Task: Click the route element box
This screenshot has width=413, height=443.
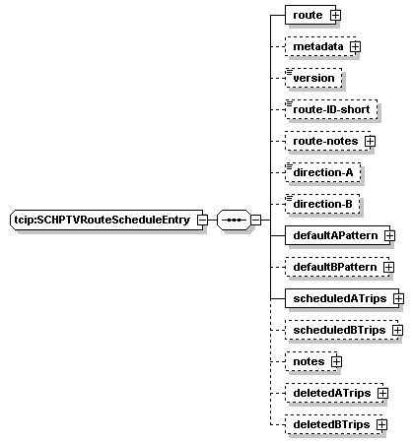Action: tap(310, 15)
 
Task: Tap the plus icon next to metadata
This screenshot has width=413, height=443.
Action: tap(355, 46)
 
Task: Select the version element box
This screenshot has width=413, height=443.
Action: tap(313, 78)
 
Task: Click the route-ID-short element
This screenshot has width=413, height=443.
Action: tap(331, 109)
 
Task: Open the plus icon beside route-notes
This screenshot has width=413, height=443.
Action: tap(370, 141)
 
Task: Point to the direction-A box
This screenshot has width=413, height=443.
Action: tap(322, 172)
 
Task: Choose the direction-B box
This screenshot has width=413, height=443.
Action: tap(322, 204)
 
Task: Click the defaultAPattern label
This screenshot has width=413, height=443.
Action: tap(335, 235)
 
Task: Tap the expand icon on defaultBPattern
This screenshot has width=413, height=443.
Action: tap(388, 267)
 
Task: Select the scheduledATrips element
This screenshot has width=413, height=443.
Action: tap(342, 298)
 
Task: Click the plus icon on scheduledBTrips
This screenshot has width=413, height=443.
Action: tap(397, 330)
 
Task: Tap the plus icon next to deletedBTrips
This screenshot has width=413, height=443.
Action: tap(381, 424)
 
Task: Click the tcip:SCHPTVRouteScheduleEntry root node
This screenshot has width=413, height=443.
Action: tap(106, 220)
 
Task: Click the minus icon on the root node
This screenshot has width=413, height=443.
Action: tap(202, 220)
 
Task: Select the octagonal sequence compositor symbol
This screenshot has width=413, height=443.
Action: tap(234, 220)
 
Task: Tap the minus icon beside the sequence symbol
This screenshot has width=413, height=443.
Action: tap(256, 220)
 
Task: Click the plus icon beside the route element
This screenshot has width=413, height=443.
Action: tap(335, 15)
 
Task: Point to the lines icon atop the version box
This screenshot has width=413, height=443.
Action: tap(289, 71)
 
